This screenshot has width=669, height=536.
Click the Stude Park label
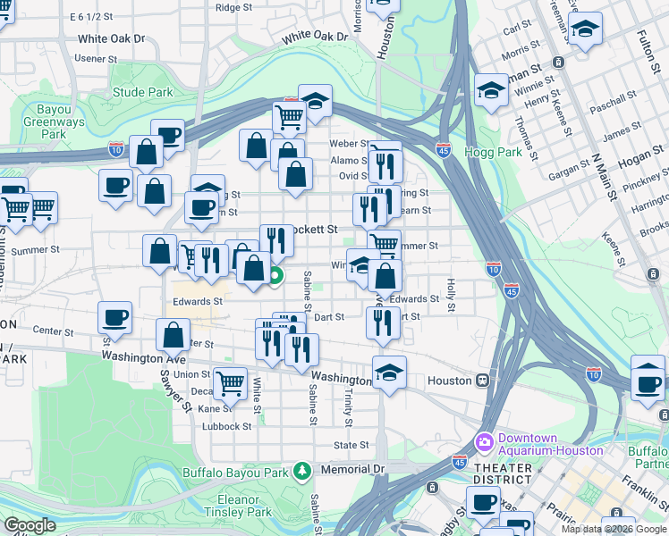point(142,92)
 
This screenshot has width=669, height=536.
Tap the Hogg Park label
point(493,152)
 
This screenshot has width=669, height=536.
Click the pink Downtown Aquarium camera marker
point(485,442)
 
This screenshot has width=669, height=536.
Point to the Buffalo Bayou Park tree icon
point(303,470)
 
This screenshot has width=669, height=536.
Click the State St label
point(351,445)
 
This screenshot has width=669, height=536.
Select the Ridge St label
point(233,7)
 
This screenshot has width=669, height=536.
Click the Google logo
point(30,525)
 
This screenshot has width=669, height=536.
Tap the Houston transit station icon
point(482,380)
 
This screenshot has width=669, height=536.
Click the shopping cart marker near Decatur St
point(231,382)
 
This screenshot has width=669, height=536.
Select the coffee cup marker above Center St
point(114,316)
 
